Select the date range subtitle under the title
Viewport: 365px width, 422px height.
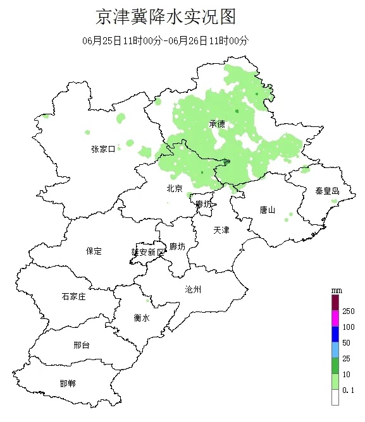165,40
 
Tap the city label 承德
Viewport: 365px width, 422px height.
217,124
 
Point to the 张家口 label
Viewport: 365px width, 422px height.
102,149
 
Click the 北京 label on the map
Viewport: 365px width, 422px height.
175,188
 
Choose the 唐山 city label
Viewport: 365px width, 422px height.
268,210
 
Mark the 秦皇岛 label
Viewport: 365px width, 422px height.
327,191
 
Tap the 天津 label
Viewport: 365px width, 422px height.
221,230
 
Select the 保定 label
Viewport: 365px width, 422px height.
94,251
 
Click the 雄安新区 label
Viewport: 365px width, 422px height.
147,251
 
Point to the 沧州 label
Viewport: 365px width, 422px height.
193,289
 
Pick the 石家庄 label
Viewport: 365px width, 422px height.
73,296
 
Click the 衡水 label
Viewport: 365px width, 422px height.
142,318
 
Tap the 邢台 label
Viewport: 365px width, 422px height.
82,345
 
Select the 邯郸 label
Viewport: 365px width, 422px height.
67,383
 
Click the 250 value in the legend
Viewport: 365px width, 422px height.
349,311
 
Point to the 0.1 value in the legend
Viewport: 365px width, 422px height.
349,392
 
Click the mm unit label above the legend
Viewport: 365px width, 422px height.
336,290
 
